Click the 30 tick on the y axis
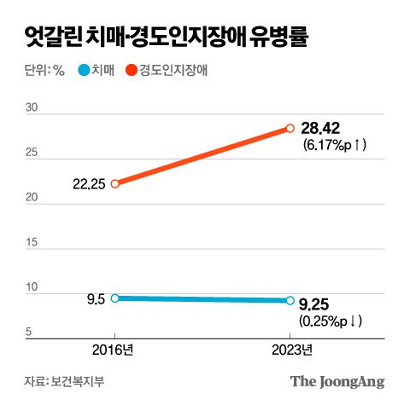pos(32,107)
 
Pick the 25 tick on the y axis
pos(32,153)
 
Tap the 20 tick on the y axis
pos(32,198)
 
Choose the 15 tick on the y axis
pos(32,243)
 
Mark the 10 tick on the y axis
pos(32,287)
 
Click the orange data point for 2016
pos(115,182)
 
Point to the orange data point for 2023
pos(290,128)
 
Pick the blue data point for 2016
pos(115,298)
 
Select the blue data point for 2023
pos(290,300)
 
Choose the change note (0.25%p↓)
pos(333,321)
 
